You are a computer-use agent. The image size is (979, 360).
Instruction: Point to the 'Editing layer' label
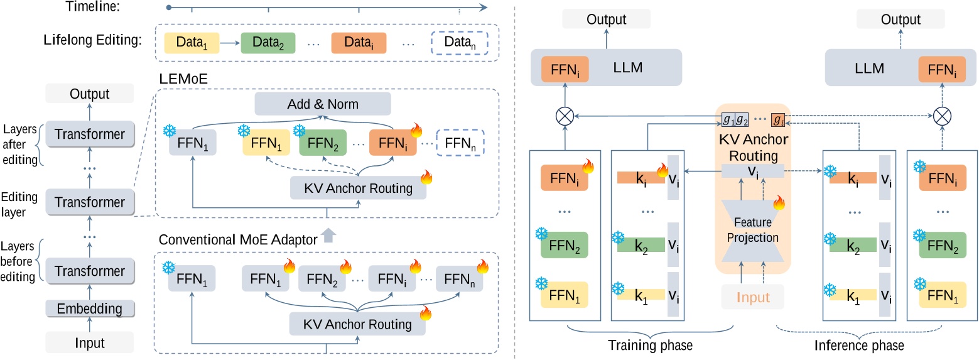click(x=19, y=204)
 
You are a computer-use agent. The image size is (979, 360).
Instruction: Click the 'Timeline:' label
click(x=92, y=8)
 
